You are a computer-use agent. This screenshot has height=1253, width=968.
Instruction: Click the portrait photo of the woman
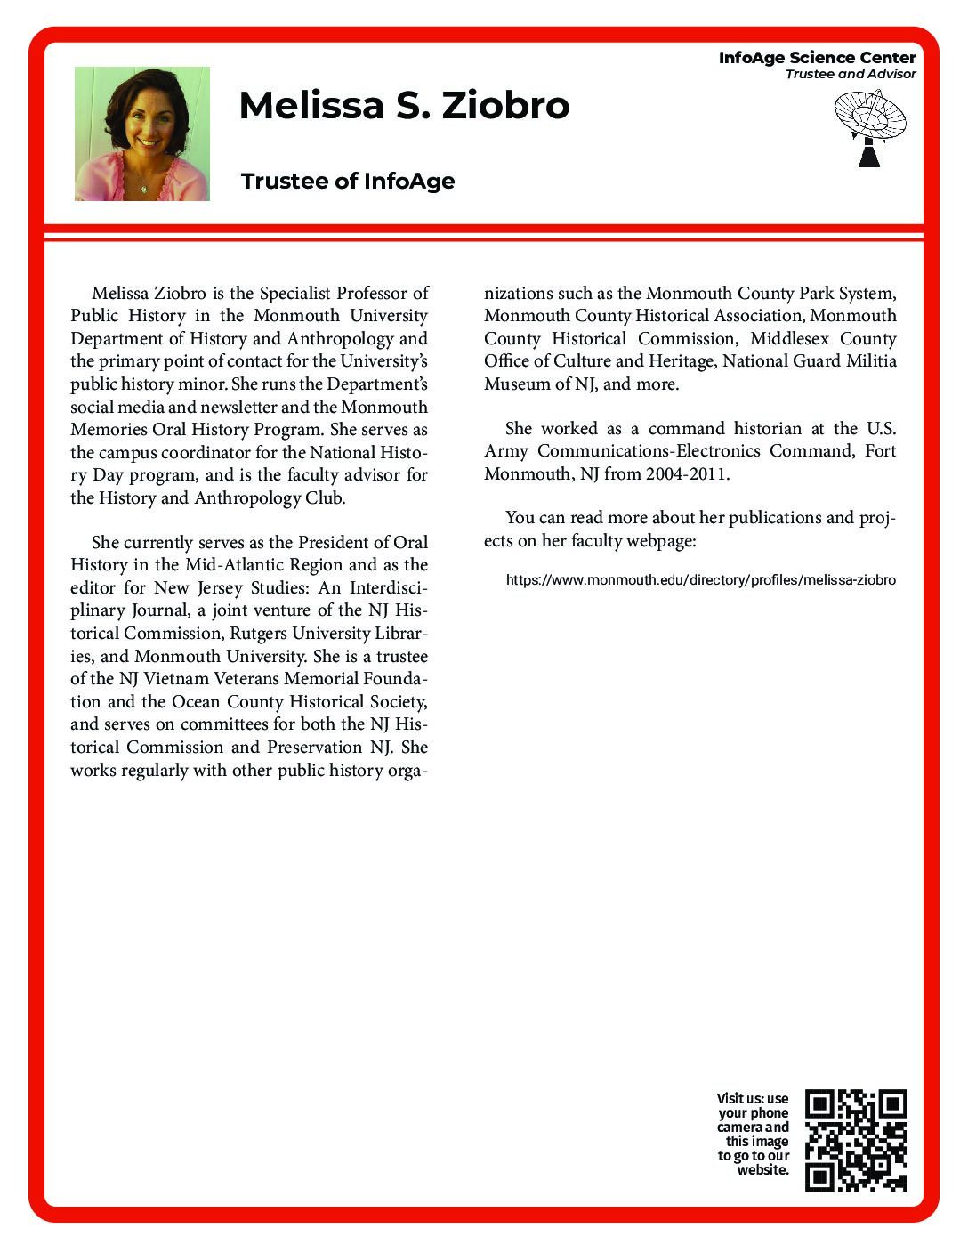pos(142,133)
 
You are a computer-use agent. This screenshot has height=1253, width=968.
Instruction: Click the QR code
pos(856,1140)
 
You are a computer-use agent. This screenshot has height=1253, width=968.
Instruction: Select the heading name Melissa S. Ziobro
pos(404,105)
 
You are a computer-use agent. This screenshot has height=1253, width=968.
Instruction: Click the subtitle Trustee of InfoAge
pos(348,181)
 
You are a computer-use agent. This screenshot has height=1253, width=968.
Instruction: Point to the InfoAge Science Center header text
pos(817,58)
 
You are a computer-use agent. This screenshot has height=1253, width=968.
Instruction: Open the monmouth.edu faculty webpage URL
pos(700,580)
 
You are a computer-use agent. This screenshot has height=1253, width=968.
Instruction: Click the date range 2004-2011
pos(686,474)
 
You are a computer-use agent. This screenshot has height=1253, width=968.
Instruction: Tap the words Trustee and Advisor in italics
pos(850,74)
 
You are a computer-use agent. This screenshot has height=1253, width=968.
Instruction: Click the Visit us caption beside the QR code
pos(754,1134)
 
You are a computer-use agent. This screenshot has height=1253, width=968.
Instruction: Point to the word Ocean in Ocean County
pos(196,702)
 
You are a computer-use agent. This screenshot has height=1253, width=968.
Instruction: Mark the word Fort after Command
pos(880,451)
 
